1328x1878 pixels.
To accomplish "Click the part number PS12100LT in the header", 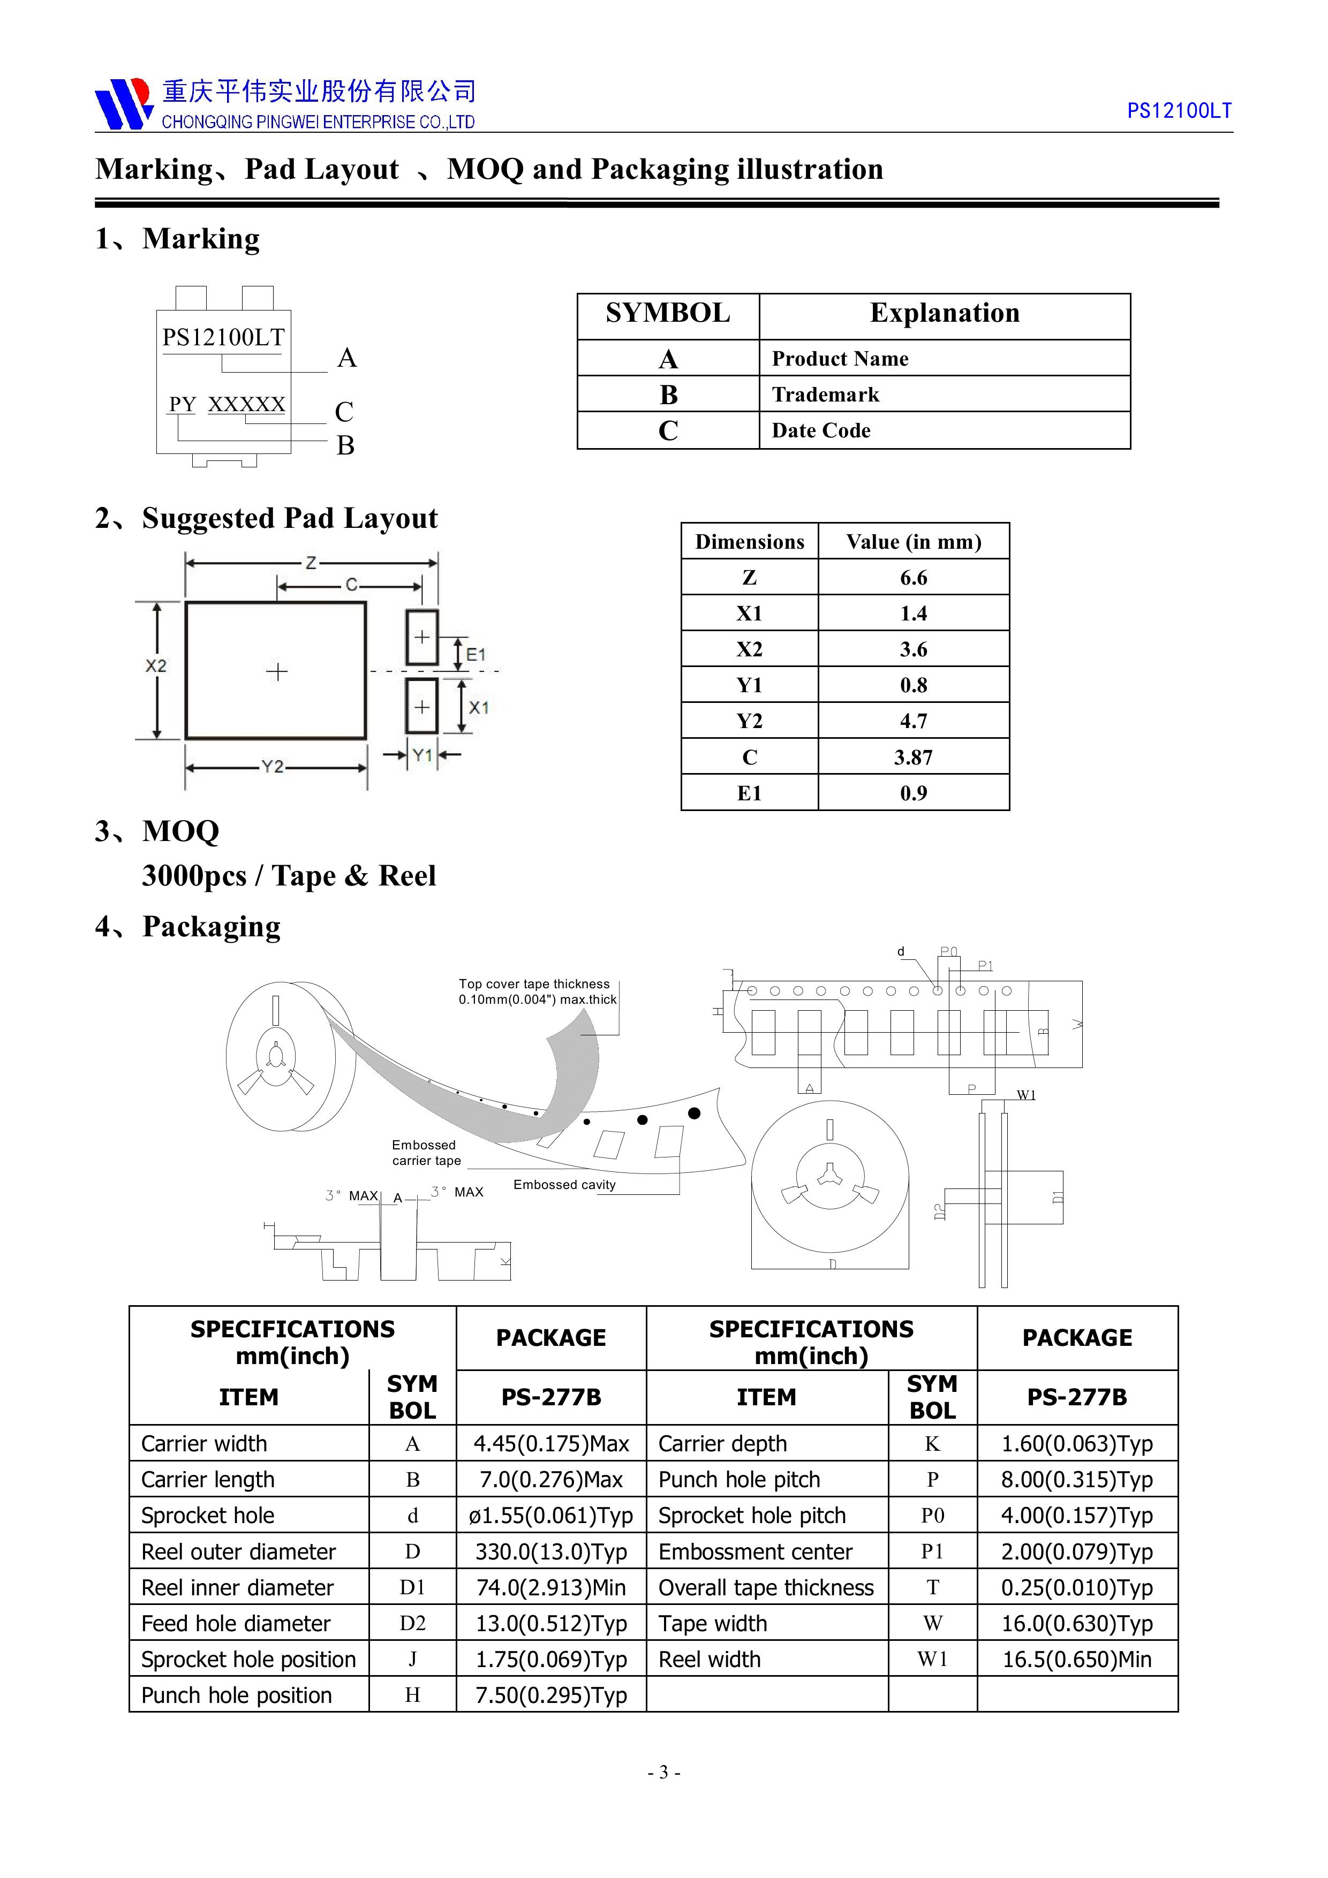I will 1178,111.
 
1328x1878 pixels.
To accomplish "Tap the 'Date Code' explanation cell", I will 821,430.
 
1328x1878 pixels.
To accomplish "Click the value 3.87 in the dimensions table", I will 913,758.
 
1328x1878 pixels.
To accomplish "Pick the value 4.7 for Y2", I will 913,722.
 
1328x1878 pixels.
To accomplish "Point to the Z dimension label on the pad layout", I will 311,563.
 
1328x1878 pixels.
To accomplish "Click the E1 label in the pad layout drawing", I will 476,654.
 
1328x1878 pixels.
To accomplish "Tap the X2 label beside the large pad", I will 155,666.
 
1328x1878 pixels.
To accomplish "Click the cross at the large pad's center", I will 276,671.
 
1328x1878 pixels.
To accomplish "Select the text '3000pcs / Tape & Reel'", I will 289,875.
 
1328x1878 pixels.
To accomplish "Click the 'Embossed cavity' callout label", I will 564,1184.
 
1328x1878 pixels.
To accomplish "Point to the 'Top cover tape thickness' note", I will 537,991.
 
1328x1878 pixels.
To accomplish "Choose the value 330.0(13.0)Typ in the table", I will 550,1551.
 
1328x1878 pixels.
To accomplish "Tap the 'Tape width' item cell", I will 713,1624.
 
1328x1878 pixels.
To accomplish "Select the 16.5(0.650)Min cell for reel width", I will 1077,1660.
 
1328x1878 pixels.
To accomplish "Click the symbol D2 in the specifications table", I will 412,1624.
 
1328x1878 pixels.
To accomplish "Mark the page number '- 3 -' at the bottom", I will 663,1773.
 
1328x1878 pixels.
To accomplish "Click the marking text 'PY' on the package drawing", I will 183,404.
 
